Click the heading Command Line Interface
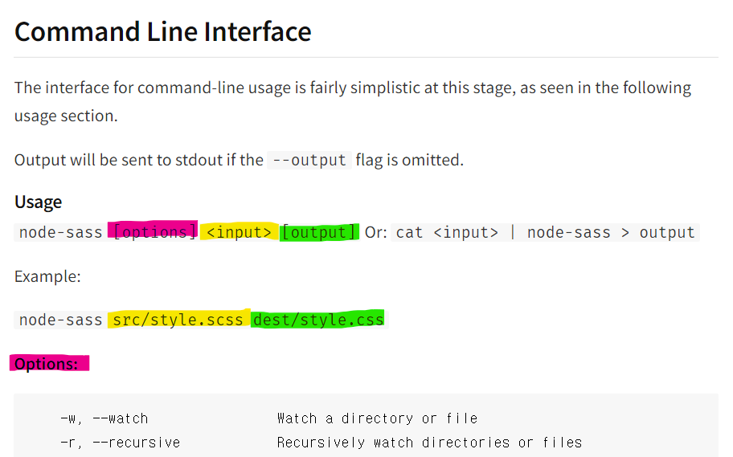(162, 31)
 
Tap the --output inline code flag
(309, 160)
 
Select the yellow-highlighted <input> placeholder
(239, 232)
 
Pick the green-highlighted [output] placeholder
(319, 232)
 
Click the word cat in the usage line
(409, 232)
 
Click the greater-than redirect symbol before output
(624, 232)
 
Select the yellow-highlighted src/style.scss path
(178, 320)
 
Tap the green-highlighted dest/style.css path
(318, 320)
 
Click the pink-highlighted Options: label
(47, 364)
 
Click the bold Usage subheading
(38, 202)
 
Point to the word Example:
(47, 276)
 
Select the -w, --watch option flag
(104, 418)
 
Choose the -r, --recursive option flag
(120, 443)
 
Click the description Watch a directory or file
(377, 418)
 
